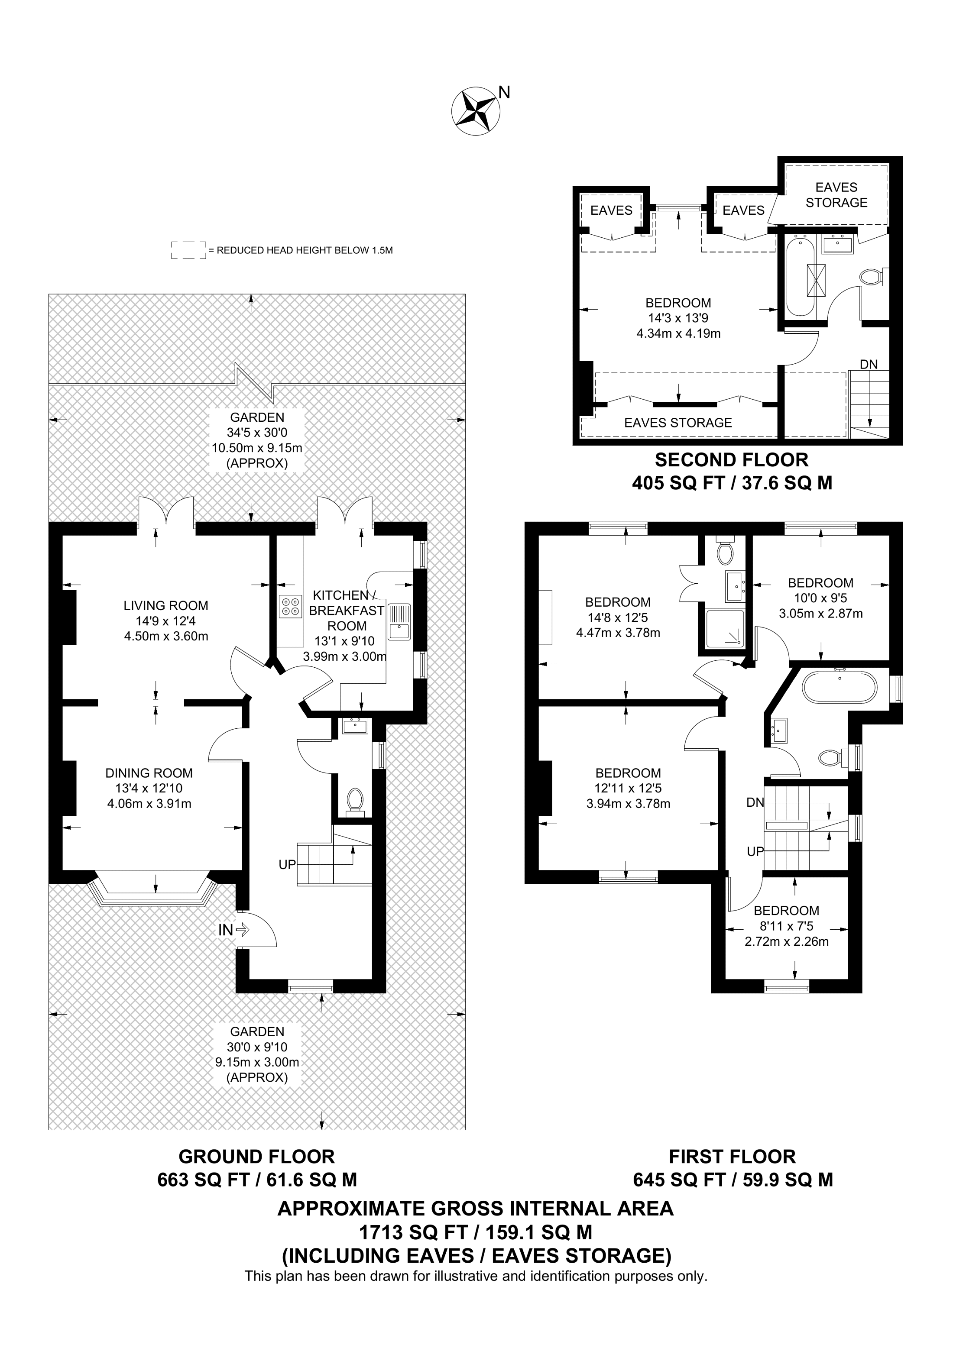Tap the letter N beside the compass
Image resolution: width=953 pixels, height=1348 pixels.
[x=504, y=92]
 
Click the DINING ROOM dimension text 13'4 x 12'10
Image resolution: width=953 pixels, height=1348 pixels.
[x=149, y=789]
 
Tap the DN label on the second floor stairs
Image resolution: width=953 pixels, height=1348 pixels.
[x=869, y=364]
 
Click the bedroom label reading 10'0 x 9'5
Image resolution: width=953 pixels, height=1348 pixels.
[x=820, y=598]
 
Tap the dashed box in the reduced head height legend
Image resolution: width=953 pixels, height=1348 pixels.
[x=188, y=250]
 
